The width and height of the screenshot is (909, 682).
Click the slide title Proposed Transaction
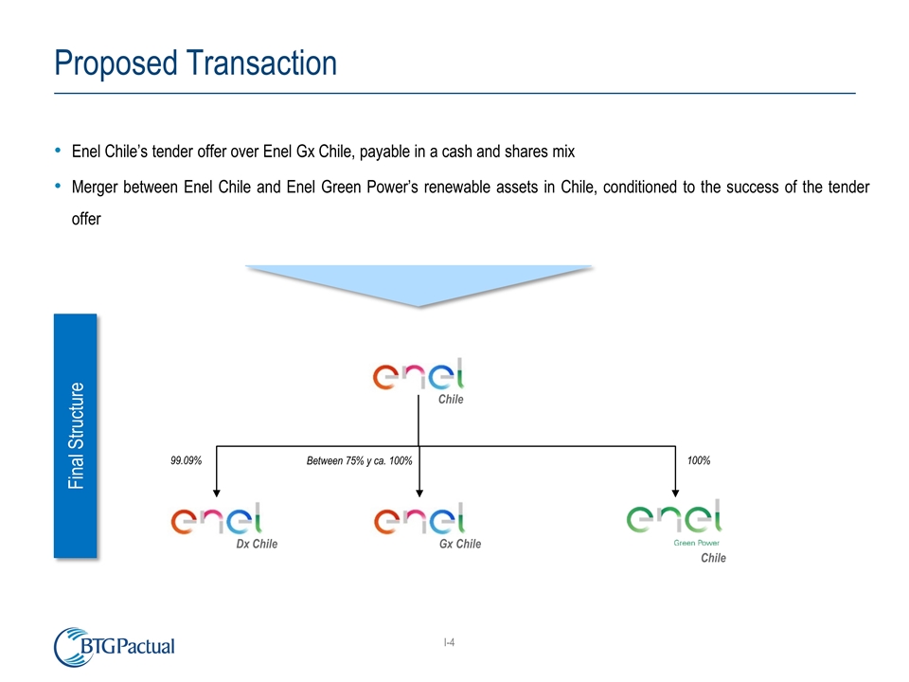pos(195,63)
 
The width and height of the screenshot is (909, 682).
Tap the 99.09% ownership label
pos(187,460)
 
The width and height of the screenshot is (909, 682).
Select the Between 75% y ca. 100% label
pos(359,460)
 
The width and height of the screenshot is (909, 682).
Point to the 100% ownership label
pos(699,460)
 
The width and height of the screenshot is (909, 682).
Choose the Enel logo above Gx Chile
pos(419,522)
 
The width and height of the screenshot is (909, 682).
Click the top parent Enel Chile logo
pos(421,376)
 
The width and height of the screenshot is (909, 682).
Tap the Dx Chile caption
pos(256,545)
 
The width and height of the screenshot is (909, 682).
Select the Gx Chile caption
pos(459,545)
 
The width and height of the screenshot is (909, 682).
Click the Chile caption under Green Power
pos(713,559)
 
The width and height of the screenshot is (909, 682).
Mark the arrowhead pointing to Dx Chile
pos(217,492)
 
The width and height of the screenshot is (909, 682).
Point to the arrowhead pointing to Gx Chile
pos(419,492)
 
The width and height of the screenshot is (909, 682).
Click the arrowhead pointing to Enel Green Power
pos(675,492)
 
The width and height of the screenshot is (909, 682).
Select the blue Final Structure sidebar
pos(75,436)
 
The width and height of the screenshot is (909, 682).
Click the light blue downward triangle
pos(419,284)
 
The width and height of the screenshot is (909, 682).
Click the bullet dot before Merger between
pos(59,186)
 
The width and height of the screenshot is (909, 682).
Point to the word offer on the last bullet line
pos(86,218)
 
